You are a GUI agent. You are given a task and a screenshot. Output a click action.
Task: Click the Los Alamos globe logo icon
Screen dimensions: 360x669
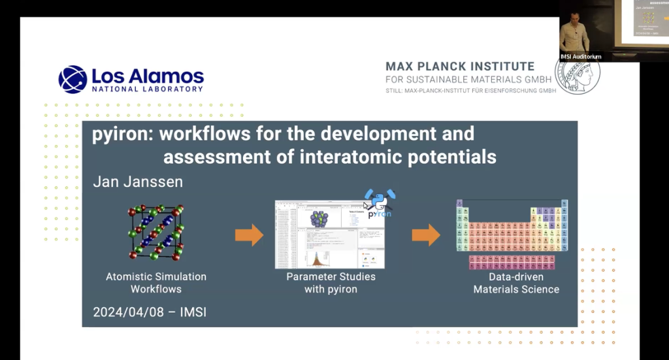coord(72,79)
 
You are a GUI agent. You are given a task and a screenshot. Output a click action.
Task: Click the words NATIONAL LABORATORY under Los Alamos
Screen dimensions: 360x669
coord(147,89)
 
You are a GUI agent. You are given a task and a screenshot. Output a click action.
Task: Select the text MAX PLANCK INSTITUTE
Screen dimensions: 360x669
coord(460,67)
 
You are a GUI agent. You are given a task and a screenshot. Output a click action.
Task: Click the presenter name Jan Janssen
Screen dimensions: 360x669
coord(138,182)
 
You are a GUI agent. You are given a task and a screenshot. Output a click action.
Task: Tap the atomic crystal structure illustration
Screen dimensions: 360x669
coord(155,232)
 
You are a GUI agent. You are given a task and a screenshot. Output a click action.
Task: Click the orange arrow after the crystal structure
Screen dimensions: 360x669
coord(249,235)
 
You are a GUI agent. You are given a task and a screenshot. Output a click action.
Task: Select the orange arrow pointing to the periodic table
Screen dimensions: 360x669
coord(426,235)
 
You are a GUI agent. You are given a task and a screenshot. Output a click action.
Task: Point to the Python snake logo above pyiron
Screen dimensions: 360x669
coord(379,199)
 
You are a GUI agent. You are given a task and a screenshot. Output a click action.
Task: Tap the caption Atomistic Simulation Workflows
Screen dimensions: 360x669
coord(156,282)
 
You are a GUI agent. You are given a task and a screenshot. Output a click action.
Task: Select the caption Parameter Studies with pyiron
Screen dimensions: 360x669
coord(331,282)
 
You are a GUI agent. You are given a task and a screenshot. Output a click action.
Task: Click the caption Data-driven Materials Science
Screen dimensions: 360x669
coord(516,282)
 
